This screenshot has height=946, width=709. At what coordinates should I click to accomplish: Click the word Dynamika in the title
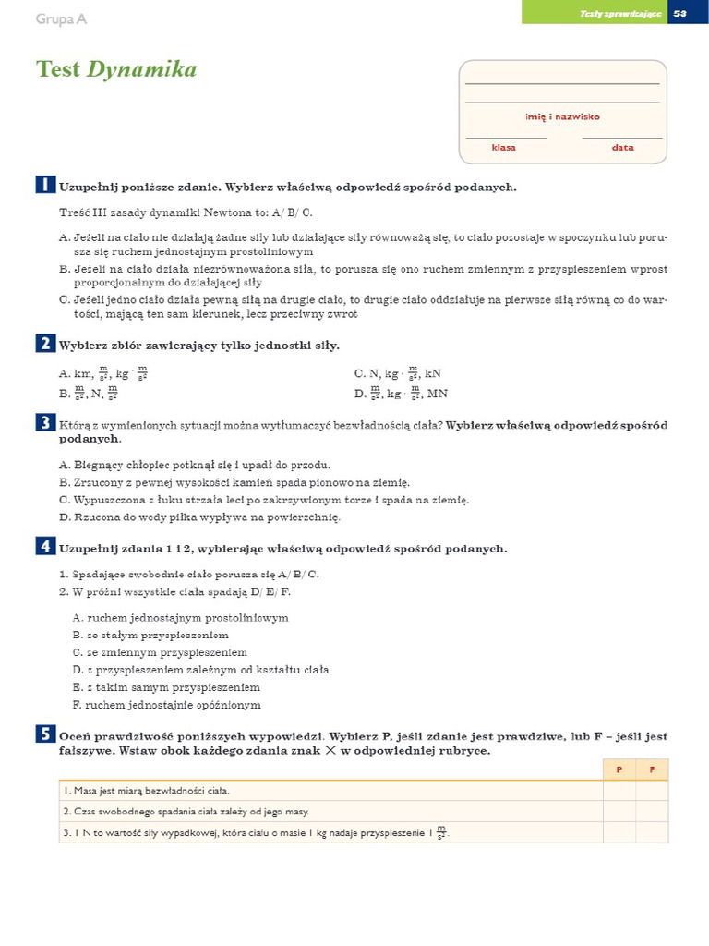pos(141,70)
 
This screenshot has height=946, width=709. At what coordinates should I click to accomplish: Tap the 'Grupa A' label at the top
pos(61,18)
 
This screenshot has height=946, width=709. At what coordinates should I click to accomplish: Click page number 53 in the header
pos(680,13)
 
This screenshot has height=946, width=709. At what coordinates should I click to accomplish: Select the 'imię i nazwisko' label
pos(562,116)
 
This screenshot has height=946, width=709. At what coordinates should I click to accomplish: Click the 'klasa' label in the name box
pos(503,147)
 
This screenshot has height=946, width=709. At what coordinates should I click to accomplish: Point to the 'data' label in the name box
pos(622,147)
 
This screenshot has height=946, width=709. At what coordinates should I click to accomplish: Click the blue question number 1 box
pos(44,185)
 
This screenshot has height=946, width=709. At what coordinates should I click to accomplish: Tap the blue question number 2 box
pos(44,344)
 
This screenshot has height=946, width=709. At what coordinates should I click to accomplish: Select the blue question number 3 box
pos(44,423)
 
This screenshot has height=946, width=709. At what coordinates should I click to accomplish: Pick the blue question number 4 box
pos(44,547)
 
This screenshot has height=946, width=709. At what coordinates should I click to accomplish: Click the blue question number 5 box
pos(44,734)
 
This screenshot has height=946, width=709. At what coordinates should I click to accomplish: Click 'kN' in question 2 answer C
pos(433,374)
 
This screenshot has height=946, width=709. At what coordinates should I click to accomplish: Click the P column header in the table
pos(619,770)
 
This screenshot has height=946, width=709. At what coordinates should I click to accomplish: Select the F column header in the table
pos(652,770)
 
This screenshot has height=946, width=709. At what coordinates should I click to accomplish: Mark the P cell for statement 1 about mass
pos(619,791)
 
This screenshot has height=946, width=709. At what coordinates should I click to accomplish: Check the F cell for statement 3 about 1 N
pos(652,832)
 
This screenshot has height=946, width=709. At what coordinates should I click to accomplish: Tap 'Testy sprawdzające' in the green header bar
pos(620,13)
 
